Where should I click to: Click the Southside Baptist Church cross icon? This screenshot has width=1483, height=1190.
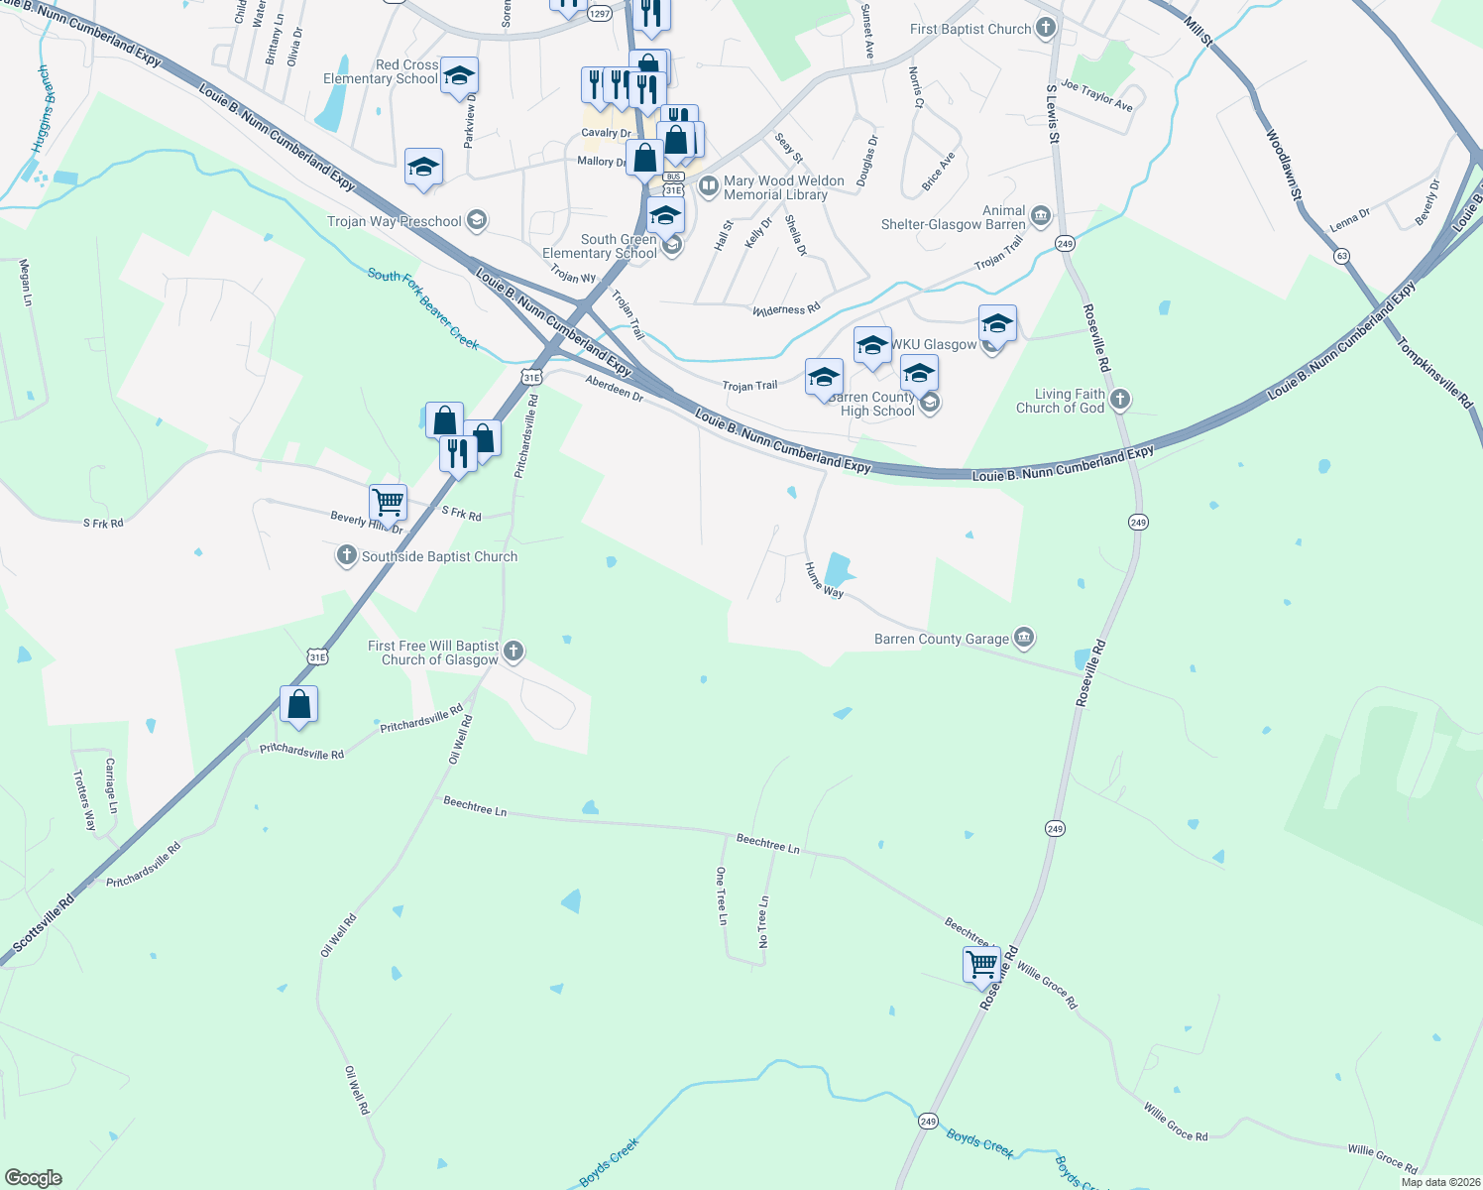[x=346, y=555]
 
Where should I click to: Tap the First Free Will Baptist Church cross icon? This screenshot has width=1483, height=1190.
[x=513, y=652]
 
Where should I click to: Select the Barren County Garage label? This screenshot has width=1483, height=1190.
[x=941, y=640]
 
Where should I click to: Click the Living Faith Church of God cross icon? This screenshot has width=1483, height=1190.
[x=1119, y=400]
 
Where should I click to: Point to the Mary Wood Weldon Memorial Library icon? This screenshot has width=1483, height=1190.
[x=709, y=185]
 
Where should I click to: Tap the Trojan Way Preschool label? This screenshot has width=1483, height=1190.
[x=395, y=221]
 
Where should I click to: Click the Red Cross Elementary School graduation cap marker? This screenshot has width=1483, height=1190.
[x=459, y=75]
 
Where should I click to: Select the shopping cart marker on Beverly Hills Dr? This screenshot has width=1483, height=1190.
[x=388, y=501]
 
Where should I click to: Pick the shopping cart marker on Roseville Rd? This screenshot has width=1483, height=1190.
[x=981, y=963]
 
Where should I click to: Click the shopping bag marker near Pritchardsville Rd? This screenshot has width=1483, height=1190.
[x=298, y=704]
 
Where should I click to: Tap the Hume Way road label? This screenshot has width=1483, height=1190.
[x=824, y=579]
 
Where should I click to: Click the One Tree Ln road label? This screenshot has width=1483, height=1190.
[x=722, y=895]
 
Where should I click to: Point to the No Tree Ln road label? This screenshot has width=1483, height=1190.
[x=764, y=921]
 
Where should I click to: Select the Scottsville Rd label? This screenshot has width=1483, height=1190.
[x=44, y=923]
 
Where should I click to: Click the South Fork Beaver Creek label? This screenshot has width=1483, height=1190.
[x=423, y=308]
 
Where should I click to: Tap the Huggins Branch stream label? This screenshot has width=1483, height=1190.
[x=41, y=109]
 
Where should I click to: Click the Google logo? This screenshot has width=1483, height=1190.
[x=34, y=1177]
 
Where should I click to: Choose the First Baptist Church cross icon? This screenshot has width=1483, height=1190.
[x=1046, y=28]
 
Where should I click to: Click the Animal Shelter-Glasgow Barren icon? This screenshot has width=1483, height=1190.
[x=1040, y=215]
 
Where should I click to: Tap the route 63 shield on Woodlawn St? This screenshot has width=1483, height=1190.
[x=1342, y=256]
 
